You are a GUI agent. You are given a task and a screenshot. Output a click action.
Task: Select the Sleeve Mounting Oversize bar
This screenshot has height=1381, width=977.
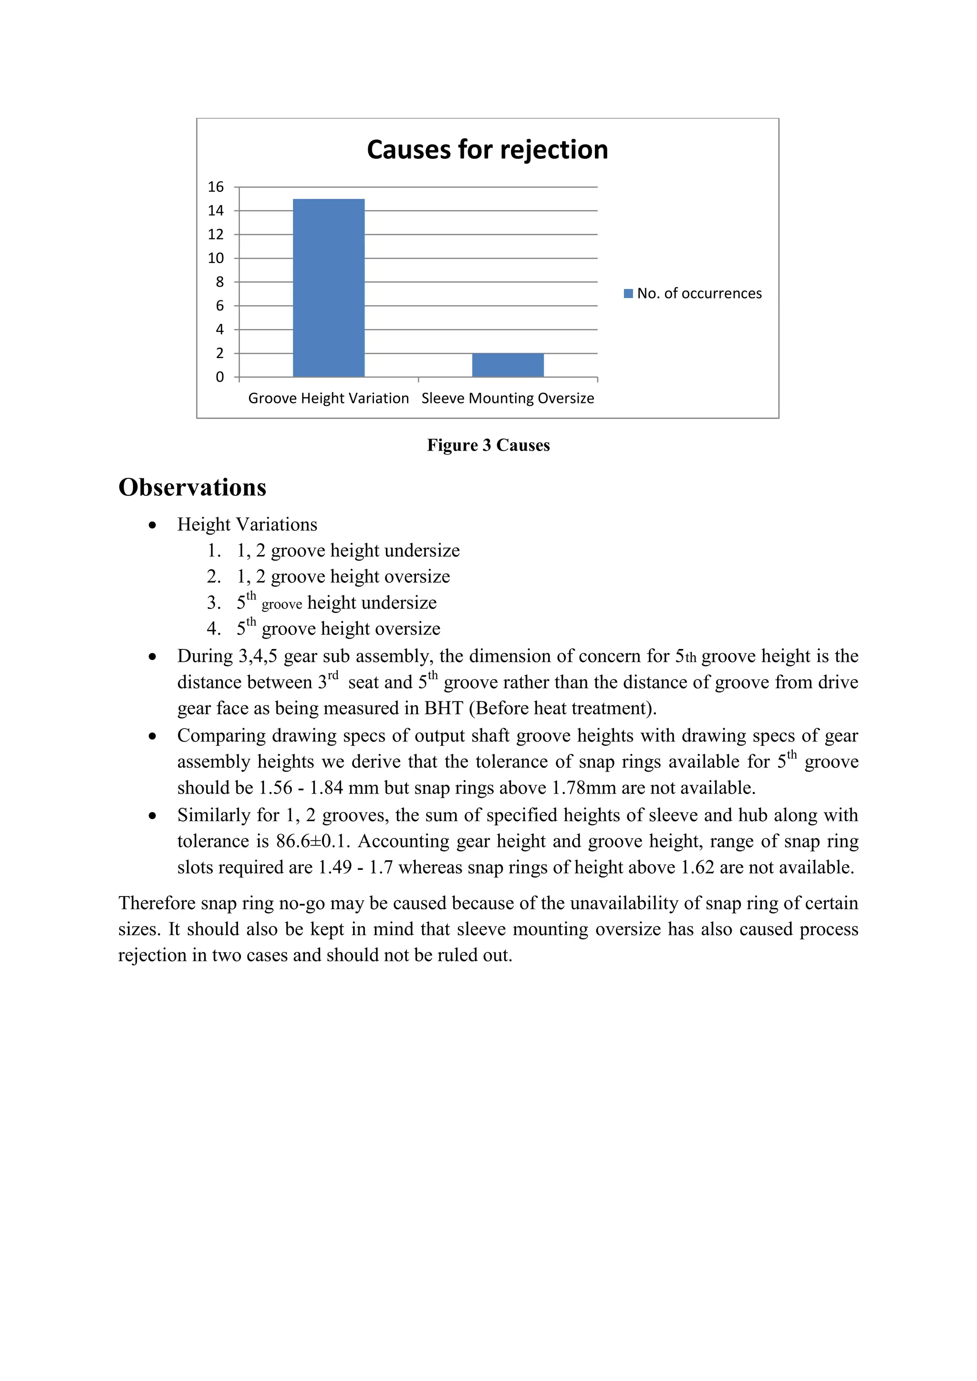coord(508,365)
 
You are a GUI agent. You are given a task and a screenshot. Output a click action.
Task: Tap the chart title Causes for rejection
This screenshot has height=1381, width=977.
coord(487,150)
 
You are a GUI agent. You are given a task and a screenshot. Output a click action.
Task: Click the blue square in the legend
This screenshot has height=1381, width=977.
coord(628,294)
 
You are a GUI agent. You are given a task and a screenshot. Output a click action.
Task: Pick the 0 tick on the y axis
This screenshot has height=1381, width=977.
coord(219,377)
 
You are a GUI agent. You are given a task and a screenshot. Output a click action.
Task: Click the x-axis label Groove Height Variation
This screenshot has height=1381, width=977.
coord(329,398)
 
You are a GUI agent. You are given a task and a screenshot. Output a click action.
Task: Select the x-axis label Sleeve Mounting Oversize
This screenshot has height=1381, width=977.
coord(508,398)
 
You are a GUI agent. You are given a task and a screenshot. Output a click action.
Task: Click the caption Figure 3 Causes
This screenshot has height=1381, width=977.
coord(488,445)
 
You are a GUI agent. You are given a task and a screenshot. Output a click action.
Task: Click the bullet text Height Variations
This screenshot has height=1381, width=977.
coord(247,525)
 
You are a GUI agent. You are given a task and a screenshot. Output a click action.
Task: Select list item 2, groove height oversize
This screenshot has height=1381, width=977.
coord(343,576)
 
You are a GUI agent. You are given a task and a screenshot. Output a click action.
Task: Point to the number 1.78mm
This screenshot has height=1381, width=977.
coord(583,788)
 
